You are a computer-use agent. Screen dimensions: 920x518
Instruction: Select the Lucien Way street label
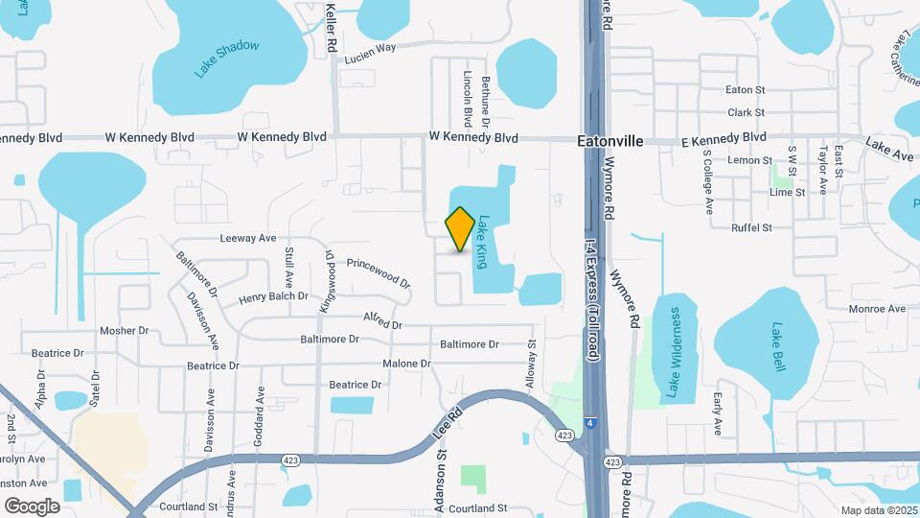370,52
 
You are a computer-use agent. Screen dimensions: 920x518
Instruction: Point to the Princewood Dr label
378,271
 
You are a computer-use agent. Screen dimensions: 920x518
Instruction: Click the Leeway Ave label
247,238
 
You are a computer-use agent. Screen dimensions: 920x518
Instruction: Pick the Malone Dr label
406,365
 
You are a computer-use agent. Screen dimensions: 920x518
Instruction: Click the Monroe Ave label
877,309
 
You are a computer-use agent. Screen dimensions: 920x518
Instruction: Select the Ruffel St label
751,228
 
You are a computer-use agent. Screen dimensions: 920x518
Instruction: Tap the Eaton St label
745,90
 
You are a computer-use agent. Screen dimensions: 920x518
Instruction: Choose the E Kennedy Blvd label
724,139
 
